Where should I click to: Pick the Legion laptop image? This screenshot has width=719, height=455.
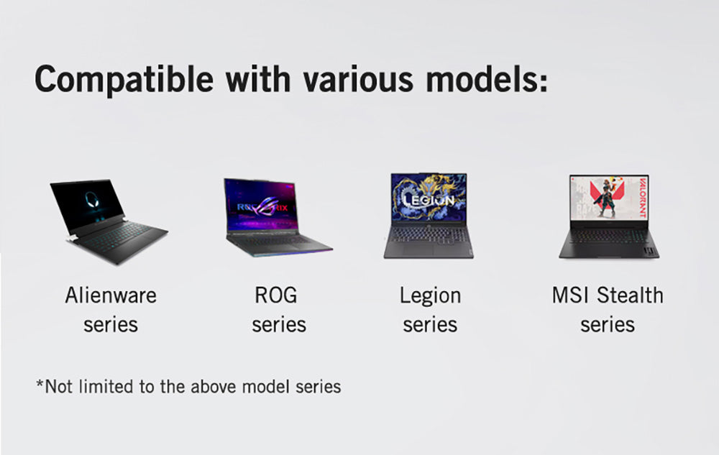[x=429, y=216]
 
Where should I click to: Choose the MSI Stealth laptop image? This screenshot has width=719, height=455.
[x=608, y=216]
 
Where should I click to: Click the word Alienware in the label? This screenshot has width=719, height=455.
[x=110, y=295]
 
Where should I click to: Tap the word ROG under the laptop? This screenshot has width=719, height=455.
[x=275, y=295]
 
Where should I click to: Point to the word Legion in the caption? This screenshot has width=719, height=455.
[x=430, y=295]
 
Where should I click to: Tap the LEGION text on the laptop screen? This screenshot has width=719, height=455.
[x=429, y=201]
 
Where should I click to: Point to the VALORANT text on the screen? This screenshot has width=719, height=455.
[x=641, y=198]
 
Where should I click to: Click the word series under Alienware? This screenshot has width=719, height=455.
[x=110, y=324]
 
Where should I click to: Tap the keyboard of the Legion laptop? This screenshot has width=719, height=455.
[x=429, y=234]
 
